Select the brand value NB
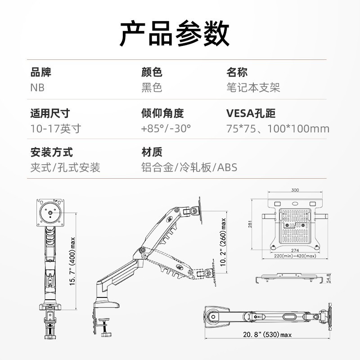click(x=38, y=87)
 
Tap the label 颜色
click(x=152, y=72)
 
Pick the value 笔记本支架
click(x=253, y=87)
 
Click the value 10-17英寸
click(x=56, y=128)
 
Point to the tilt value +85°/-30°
click(x=166, y=128)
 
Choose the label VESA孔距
click(x=251, y=113)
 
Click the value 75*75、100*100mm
click(x=278, y=128)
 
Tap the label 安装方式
click(x=51, y=153)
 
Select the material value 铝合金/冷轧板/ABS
click(x=189, y=168)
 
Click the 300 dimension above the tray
click(x=295, y=190)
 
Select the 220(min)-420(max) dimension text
click(x=295, y=256)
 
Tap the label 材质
click(x=152, y=153)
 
